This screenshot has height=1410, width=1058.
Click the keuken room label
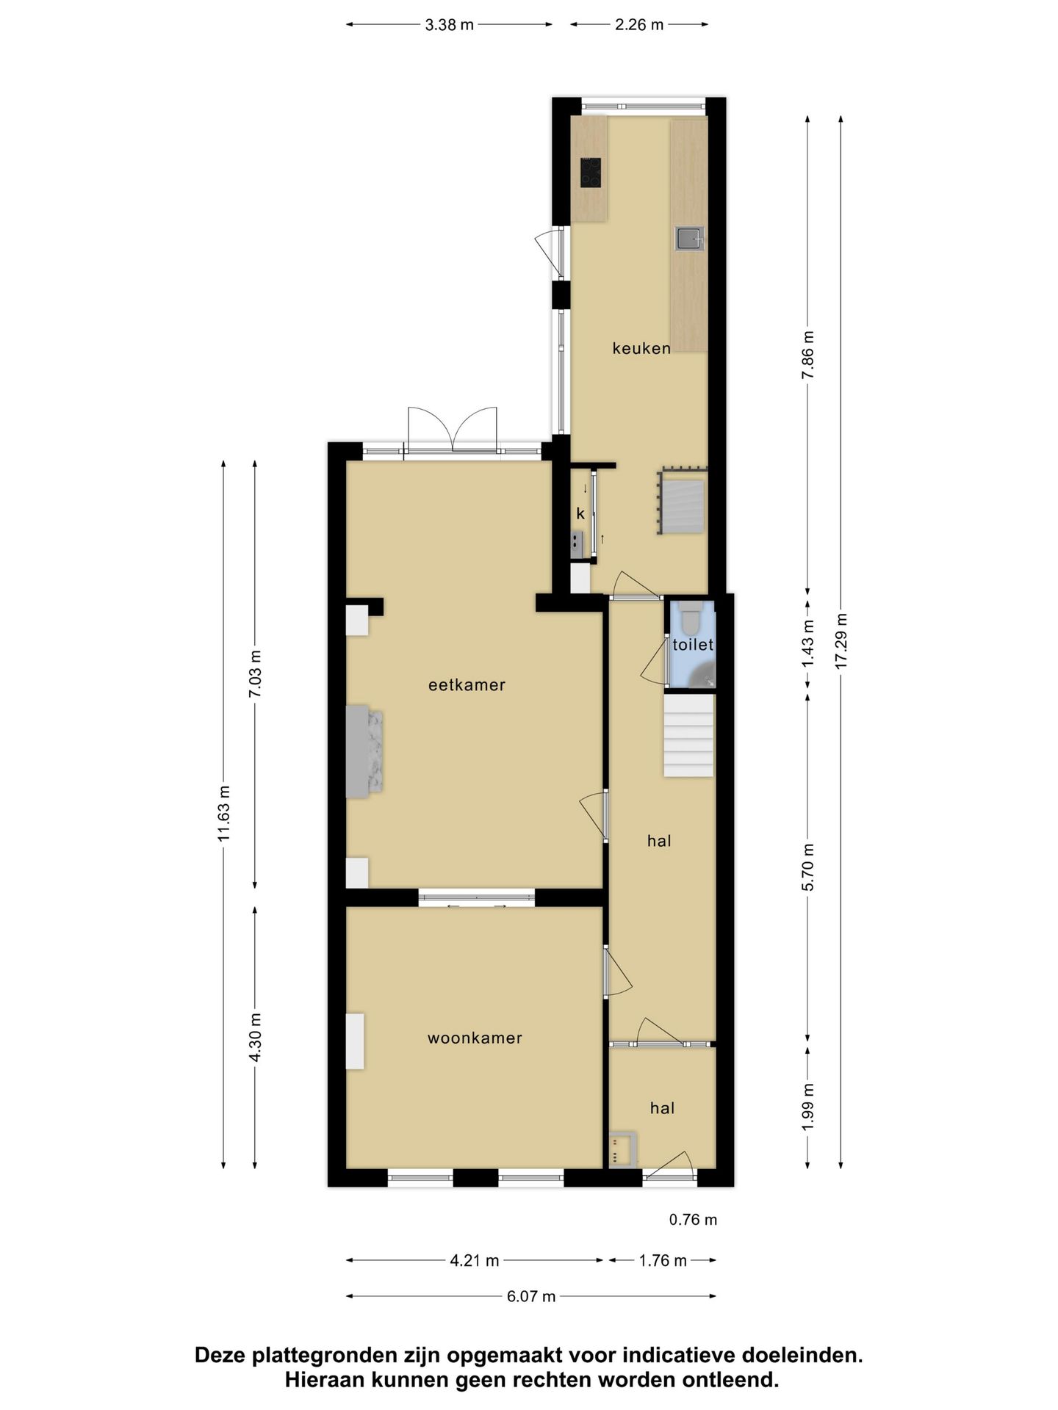641,348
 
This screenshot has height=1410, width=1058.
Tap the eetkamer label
467,685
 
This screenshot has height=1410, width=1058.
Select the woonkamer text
475,1038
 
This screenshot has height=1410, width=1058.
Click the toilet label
692,645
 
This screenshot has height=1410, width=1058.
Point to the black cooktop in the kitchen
590,173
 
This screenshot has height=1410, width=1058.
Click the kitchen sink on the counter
689,239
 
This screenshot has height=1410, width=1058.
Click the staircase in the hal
688,736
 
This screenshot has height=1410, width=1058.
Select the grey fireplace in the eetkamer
364,751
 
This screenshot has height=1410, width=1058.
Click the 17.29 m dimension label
841,640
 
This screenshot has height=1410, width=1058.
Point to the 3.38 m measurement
449,25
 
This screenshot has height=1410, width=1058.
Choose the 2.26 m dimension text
639,25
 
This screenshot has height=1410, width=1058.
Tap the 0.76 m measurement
693,1220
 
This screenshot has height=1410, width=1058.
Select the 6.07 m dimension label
531,1296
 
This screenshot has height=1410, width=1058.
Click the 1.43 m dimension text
808,643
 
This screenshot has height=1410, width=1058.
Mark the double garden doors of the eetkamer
452,432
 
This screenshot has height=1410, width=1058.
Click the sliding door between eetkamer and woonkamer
477,897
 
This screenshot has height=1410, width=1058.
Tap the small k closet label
580,514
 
